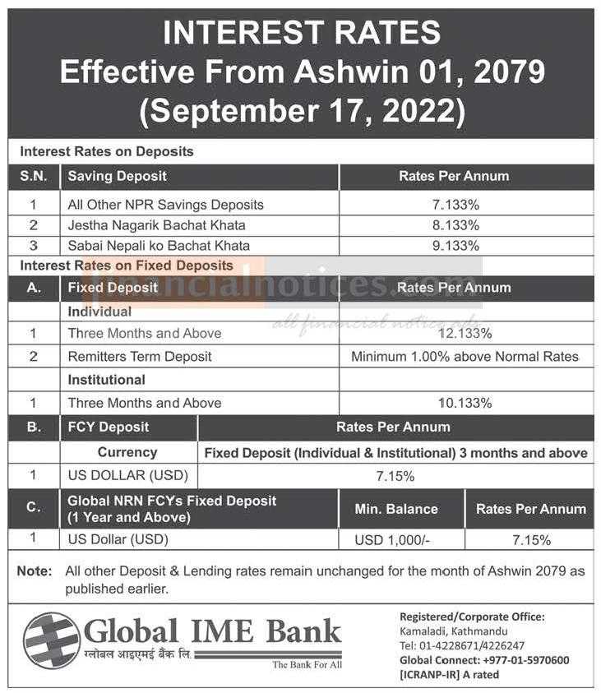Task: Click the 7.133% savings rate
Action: click(455, 205)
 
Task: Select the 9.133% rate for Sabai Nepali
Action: click(455, 246)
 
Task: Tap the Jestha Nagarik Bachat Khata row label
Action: click(156, 225)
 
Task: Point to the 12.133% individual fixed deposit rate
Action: click(465, 333)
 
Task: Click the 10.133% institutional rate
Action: click(465, 403)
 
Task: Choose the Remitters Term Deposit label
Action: click(140, 357)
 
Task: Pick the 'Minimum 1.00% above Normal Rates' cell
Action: click(465, 357)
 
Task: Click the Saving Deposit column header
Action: click(117, 177)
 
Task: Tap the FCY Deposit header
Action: click(109, 427)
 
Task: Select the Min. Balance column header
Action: click(396, 509)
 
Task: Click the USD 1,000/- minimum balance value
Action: click(392, 540)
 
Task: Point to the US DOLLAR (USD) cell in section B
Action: click(128, 475)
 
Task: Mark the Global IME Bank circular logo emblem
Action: click(52, 640)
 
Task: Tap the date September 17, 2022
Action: click(303, 111)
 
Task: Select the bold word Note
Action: click(35, 571)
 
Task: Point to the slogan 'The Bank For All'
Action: click(307, 665)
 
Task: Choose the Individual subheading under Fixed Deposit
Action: click(99, 312)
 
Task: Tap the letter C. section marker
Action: click(34, 507)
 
